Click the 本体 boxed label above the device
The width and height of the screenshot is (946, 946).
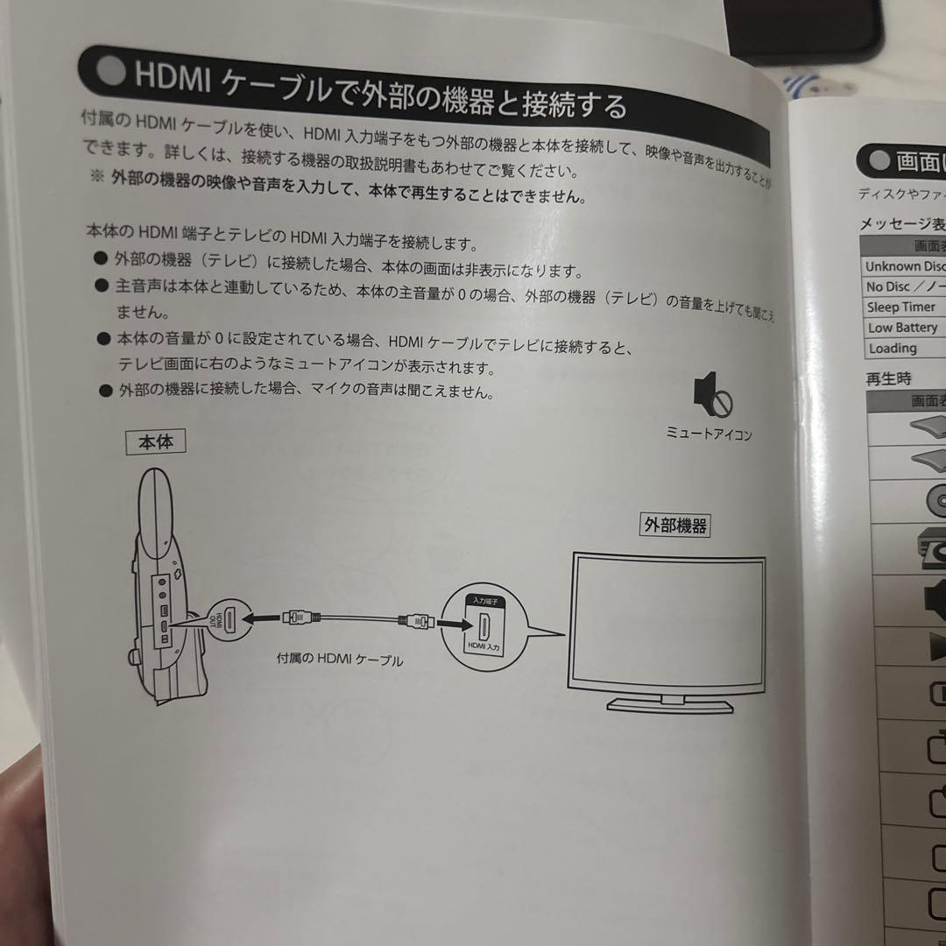tap(157, 442)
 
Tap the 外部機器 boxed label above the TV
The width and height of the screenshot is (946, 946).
tap(674, 526)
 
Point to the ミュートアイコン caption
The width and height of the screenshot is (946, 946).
tap(709, 434)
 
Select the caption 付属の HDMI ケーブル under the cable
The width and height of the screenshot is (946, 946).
tap(340, 659)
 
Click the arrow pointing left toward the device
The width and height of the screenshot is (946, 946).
tap(263, 618)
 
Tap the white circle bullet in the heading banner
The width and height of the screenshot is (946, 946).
tap(111, 72)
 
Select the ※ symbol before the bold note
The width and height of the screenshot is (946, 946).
tap(96, 175)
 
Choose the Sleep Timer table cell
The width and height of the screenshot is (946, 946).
tap(901, 307)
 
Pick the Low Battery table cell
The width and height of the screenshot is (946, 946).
tap(902, 328)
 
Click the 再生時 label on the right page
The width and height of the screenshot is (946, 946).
tap(888, 379)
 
